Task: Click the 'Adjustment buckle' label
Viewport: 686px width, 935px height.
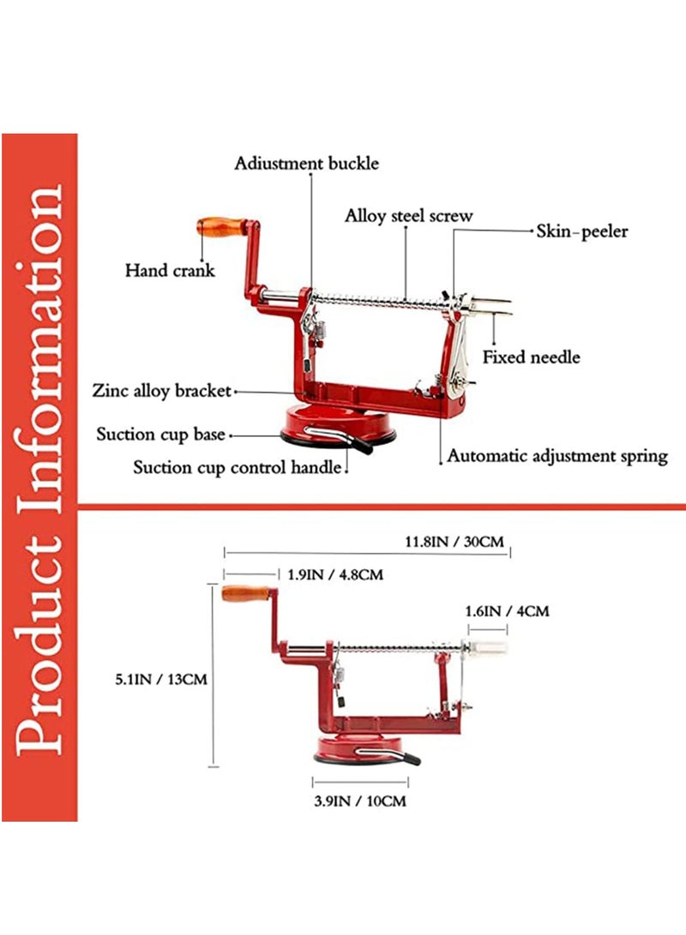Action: (x=306, y=163)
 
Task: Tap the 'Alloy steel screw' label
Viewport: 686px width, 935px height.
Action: (x=408, y=215)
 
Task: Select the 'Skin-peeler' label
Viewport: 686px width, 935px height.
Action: (x=582, y=231)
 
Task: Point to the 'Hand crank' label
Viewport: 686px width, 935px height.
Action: (x=170, y=270)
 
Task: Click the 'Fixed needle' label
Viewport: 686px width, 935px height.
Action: (x=531, y=357)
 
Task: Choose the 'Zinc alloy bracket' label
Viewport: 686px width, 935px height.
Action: (x=162, y=392)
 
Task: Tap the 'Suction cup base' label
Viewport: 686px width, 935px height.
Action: (x=160, y=434)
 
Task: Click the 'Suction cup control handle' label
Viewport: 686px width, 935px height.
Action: (x=238, y=468)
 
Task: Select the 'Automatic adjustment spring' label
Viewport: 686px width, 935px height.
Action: (x=557, y=456)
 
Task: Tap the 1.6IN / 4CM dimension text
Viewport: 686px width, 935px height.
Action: (x=506, y=611)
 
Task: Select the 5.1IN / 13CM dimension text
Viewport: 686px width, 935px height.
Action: (x=162, y=679)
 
